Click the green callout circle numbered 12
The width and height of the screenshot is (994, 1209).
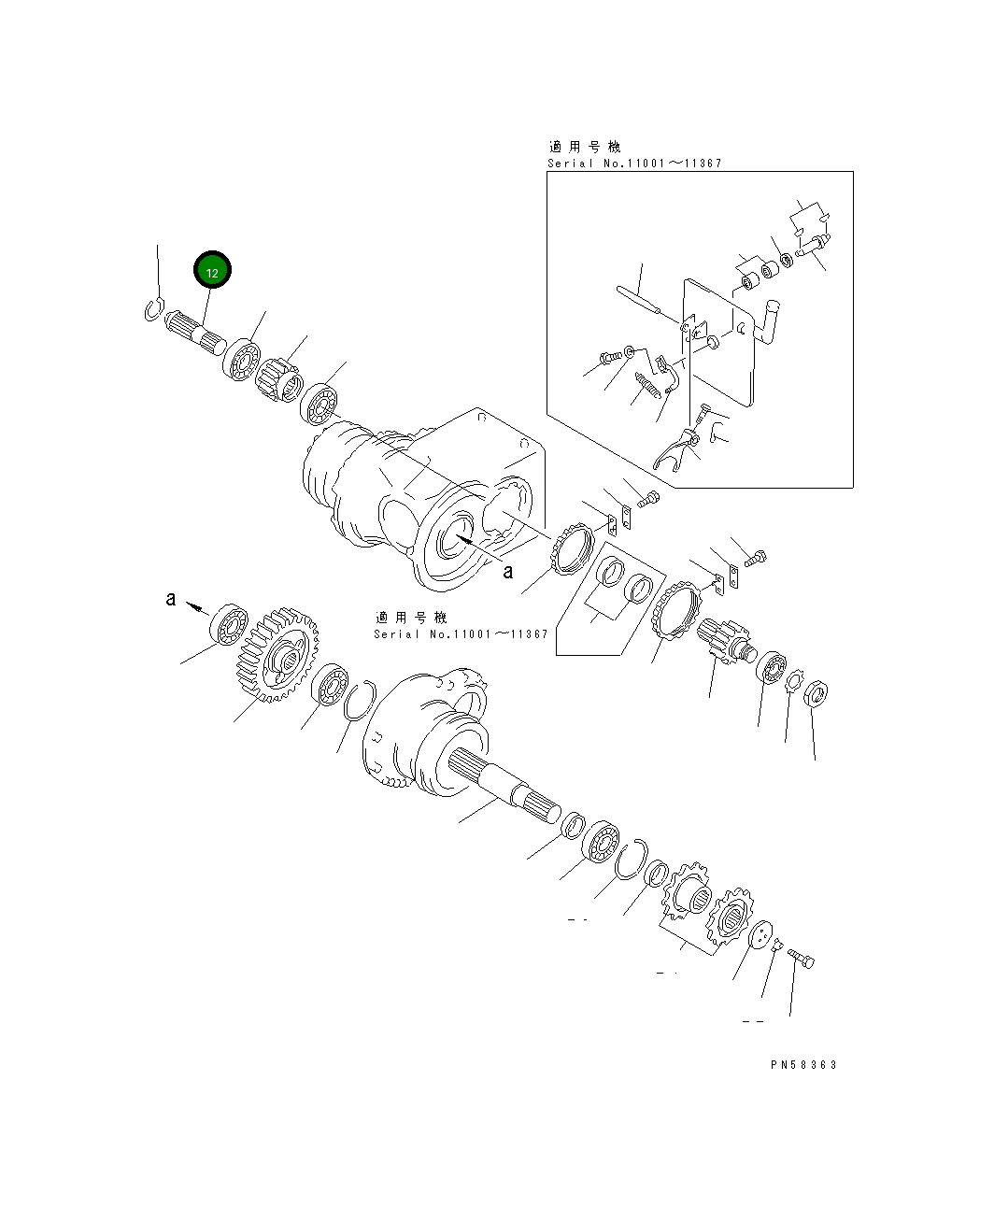point(212,269)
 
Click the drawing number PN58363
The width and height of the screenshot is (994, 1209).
point(803,1064)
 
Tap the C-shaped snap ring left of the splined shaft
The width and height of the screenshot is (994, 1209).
point(153,309)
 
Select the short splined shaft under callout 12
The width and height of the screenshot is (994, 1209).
point(195,333)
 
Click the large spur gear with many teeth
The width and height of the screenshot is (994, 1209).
point(277,654)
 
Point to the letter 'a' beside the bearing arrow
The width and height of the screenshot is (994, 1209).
point(170,599)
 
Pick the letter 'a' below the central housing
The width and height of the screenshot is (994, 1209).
point(508,571)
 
